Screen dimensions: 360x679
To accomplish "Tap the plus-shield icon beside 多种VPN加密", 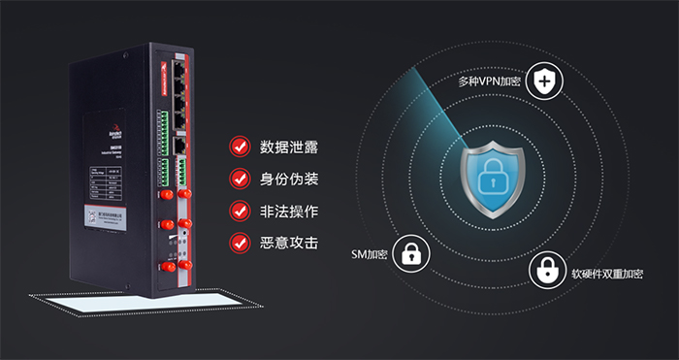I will point(548,82).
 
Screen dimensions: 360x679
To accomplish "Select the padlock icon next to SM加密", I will point(413,255).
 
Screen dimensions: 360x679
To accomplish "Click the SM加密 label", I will point(370,255).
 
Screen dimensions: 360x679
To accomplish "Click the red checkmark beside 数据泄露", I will point(239,147).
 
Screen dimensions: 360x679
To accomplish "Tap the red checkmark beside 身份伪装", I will point(239,180).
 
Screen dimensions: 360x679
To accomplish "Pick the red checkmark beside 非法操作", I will point(239,211).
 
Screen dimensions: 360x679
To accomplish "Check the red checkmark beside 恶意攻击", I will point(239,242).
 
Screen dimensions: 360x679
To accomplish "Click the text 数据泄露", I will point(289,147).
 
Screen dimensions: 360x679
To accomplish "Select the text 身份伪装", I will point(289,180).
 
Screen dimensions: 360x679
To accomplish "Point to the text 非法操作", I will point(289,211).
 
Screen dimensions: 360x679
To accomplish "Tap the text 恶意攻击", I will point(289,243).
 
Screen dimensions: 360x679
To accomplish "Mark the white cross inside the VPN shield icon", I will point(548,82).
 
